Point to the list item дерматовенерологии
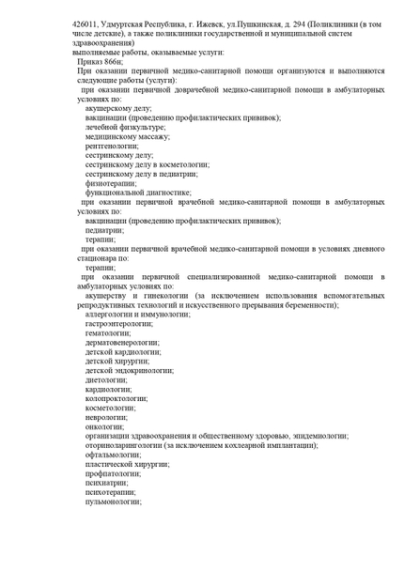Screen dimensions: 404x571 (x=122, y=343)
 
